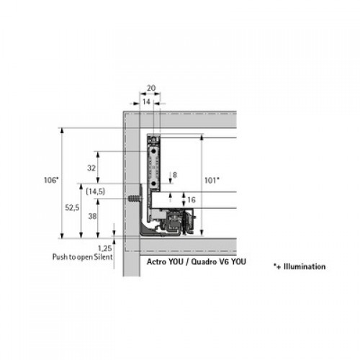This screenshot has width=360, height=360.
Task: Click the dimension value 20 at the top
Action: click(151, 88)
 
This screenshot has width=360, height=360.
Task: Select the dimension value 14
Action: click(146, 102)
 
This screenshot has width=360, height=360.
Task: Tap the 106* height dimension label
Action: click(51, 180)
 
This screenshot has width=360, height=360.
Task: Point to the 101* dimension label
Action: click(212, 180)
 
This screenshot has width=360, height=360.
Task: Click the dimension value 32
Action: click(91, 168)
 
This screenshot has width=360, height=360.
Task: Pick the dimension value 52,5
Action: click(72, 207)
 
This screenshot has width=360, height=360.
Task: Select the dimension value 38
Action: click(92, 216)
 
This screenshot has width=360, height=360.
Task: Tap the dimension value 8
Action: click(175, 175)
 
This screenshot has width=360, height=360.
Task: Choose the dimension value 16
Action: click(192, 199)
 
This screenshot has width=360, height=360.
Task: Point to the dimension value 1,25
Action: click(105, 248)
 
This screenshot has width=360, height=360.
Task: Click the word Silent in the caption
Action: click(103, 257)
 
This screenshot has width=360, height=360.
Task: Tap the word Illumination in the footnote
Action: click(305, 266)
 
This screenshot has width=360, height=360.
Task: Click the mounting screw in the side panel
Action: click(135, 199)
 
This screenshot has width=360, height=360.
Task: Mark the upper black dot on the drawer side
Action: click(153, 151)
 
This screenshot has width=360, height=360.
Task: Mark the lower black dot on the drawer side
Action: click(153, 184)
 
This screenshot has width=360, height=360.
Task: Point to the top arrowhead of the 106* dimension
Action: click(62, 130)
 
